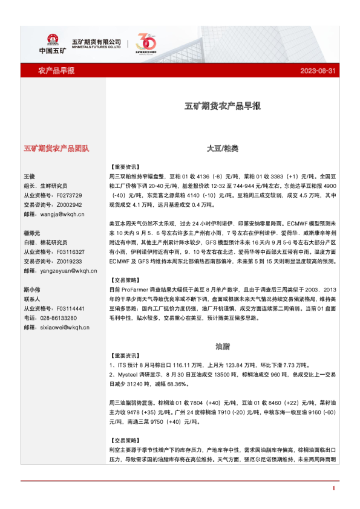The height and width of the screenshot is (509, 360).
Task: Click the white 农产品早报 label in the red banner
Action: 56,71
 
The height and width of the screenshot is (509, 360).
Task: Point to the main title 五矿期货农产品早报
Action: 223,106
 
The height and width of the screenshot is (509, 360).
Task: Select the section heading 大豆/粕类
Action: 223,148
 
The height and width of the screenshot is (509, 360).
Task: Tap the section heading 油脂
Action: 223,346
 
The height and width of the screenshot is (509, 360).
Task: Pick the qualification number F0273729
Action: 69,196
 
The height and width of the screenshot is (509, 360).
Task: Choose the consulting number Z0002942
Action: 69,205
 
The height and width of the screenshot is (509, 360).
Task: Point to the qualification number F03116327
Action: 70,251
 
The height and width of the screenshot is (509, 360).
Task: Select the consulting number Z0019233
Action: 69,261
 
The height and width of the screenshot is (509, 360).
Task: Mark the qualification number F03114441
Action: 70,308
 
